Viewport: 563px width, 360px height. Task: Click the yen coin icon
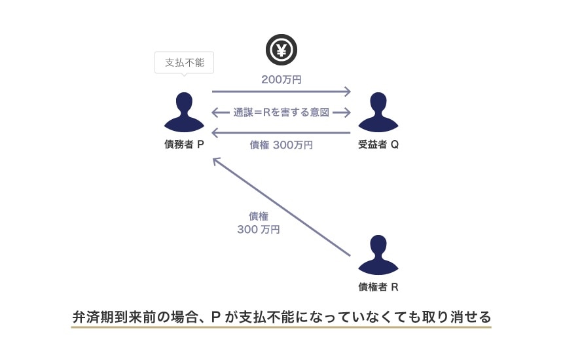tap(281, 49)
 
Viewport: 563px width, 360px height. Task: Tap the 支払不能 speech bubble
tap(184, 63)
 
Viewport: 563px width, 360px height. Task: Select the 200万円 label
tap(281, 80)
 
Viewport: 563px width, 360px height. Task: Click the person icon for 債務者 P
tap(184, 112)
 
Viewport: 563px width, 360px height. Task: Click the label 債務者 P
tap(184, 145)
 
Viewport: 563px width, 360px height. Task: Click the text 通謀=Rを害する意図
tap(281, 113)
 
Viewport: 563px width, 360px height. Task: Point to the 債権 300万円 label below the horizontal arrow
tap(281, 145)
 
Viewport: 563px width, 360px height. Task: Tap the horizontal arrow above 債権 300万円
tap(281, 133)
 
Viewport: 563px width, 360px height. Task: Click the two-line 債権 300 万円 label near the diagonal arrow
tap(258, 223)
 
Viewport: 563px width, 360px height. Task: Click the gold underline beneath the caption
tap(281, 327)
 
